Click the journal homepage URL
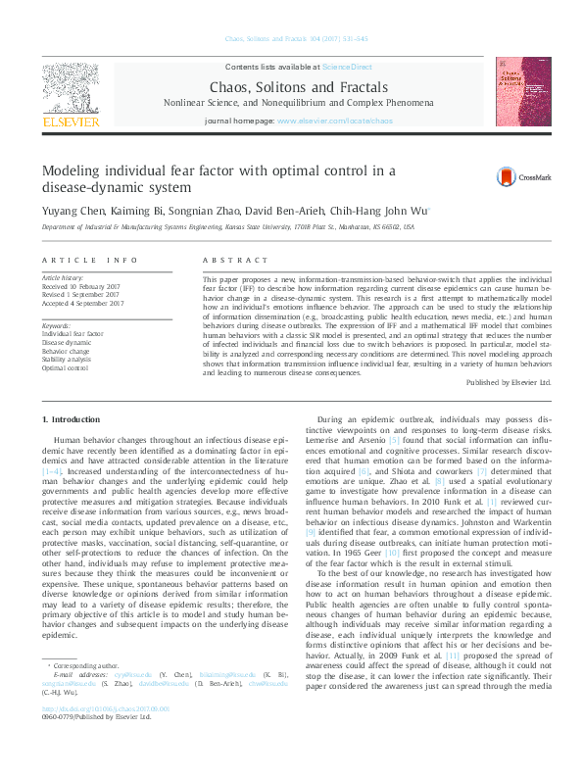click(335, 148)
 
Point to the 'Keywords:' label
click(57, 324)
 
